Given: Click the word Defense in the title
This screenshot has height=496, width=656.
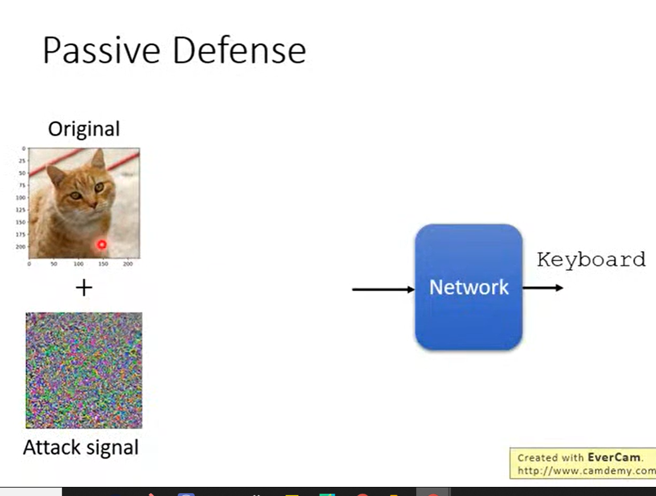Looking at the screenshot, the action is tap(239, 50).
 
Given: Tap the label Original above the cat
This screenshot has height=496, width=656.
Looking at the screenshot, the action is tap(84, 129).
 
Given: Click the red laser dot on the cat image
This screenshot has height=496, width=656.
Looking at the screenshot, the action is tap(102, 244).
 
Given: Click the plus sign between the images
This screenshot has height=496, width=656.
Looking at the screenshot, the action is tap(84, 288).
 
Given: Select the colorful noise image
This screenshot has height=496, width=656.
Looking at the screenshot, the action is tap(84, 370).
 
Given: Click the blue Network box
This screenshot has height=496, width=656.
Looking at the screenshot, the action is tap(469, 287).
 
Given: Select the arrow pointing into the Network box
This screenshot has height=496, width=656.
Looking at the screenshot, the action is tap(383, 290).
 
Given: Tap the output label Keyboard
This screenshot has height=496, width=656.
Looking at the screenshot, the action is tap(591, 260).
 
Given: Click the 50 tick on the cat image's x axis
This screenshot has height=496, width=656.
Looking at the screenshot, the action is tap(54, 264).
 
